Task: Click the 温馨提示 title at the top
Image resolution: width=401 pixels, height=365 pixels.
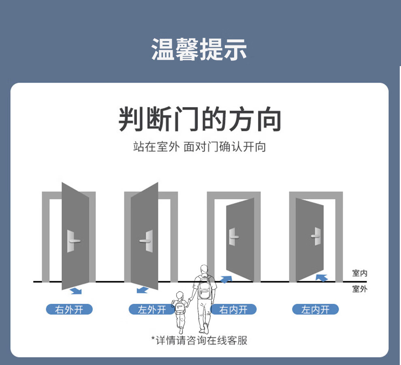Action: coord(199,49)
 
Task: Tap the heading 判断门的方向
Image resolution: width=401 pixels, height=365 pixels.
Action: coord(200,119)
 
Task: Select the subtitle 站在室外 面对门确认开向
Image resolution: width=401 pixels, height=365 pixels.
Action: coord(200,146)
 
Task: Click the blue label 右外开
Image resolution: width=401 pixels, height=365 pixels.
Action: coord(69,309)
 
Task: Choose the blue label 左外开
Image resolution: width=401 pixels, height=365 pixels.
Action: coord(152,309)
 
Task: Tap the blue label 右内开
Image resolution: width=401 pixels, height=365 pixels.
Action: coord(234,309)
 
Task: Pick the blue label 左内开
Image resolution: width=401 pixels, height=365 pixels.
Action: coord(316,309)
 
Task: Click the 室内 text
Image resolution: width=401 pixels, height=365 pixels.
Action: coord(360,273)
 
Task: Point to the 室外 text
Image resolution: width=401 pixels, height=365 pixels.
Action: coord(360,289)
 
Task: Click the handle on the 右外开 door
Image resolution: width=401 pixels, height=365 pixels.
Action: coord(73,241)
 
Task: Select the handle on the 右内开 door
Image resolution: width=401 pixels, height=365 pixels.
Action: coord(233,237)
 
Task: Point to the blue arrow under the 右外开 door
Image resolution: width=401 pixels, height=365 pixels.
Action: coord(76,290)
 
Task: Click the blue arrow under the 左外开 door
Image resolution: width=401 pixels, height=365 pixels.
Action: coord(142,290)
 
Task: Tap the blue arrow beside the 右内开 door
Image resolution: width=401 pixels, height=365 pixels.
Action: coord(226,279)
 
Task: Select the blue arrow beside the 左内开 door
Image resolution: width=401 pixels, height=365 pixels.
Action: coord(322,277)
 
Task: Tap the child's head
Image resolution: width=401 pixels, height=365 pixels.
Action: coord(179,295)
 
